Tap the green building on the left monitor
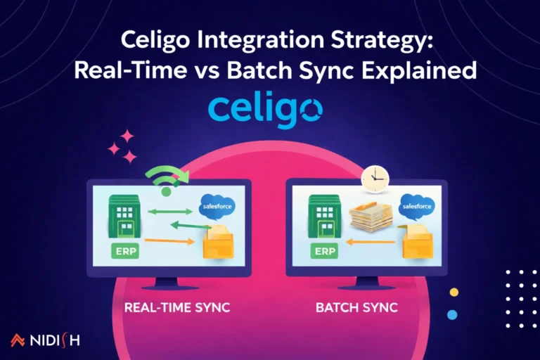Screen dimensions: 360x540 click(122, 215)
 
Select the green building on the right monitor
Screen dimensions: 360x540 click(323, 215)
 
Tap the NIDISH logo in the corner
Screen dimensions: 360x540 click(45, 341)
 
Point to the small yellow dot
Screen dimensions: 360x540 click(454, 292)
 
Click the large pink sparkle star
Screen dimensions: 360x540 click(127, 136)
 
